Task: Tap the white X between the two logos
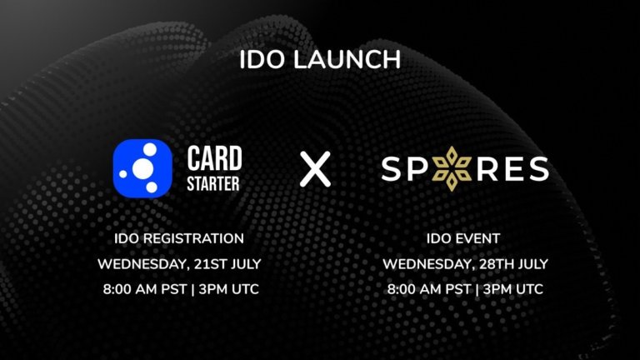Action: pyautogui.click(x=315, y=169)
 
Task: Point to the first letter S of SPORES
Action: pyautogui.click(x=392, y=169)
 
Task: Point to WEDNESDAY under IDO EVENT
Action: pyautogui.click(x=422, y=264)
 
